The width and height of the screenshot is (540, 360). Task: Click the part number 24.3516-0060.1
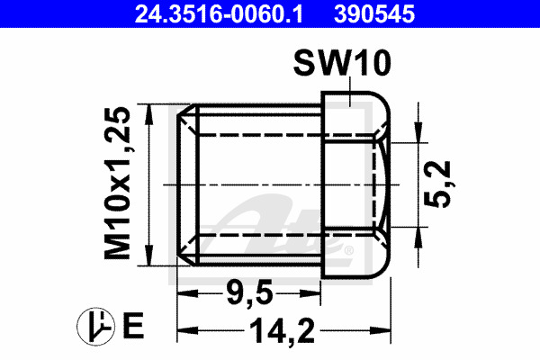(219, 13)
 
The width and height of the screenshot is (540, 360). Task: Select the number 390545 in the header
(374, 13)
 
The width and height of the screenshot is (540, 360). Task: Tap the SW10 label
(342, 63)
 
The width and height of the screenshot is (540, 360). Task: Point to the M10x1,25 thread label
(118, 183)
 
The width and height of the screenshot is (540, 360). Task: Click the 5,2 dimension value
(438, 184)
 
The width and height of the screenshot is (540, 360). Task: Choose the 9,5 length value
(249, 293)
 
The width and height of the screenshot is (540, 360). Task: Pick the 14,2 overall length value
(283, 330)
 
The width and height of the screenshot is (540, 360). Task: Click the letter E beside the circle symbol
(133, 326)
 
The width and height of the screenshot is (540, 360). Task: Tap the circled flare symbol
(95, 327)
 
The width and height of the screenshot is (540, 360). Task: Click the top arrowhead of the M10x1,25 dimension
(148, 114)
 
